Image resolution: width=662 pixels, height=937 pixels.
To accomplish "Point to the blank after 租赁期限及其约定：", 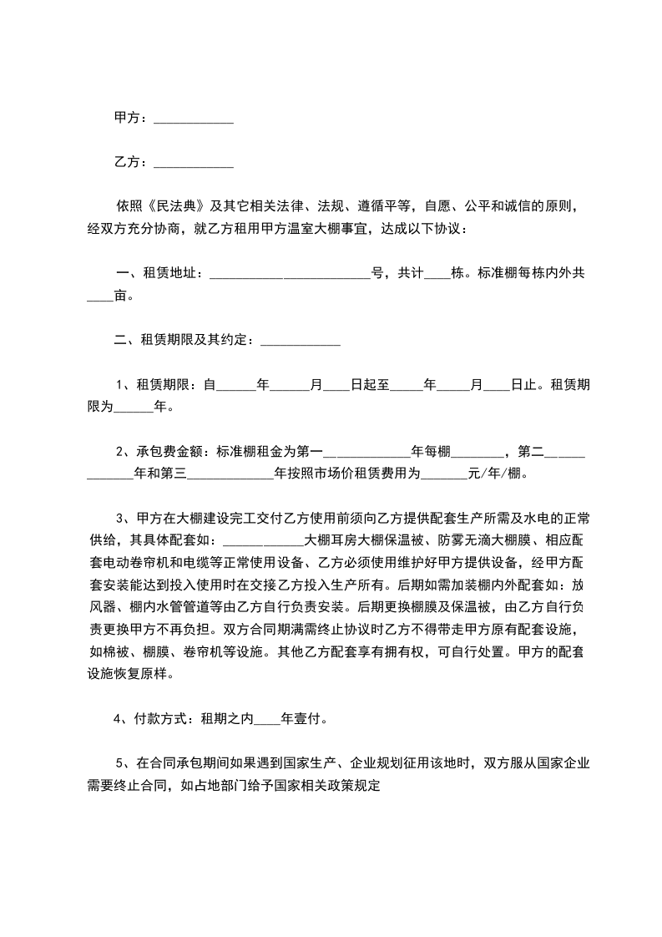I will point(301,341).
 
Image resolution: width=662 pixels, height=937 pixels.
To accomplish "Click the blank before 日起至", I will point(336,387).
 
